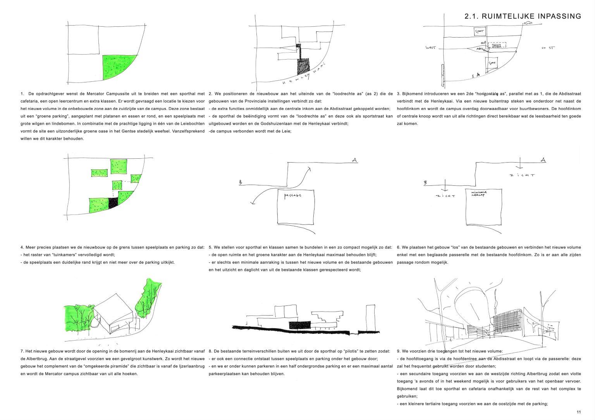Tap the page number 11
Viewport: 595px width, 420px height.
click(x=579, y=412)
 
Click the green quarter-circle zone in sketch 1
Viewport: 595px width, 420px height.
click(x=116, y=66)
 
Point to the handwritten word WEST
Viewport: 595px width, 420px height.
click(x=430, y=48)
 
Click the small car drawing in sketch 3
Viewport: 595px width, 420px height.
click(x=527, y=24)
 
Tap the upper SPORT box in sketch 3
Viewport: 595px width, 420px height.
click(x=480, y=31)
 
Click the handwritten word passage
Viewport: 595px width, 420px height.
click(x=293, y=195)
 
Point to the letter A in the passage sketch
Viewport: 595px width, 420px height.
click(x=354, y=160)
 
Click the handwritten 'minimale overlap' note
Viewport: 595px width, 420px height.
click(x=479, y=193)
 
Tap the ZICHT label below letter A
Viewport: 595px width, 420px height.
click(x=522, y=175)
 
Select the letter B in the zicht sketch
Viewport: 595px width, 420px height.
click(x=425, y=182)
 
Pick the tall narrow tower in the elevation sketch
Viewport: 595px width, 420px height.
click(x=370, y=318)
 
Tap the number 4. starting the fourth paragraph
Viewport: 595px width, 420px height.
click(x=22, y=247)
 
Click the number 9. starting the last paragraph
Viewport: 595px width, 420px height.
click(x=399, y=351)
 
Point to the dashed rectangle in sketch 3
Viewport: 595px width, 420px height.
click(x=497, y=45)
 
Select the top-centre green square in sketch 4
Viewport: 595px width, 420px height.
click(x=119, y=166)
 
